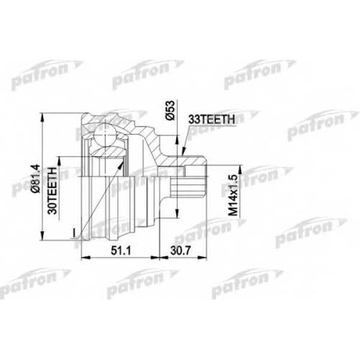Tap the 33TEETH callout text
[212, 120]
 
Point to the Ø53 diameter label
[170, 110]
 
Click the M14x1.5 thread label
[233, 195]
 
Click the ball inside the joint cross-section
[105, 135]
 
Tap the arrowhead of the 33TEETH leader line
[183, 151]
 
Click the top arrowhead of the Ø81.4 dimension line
[42, 117]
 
